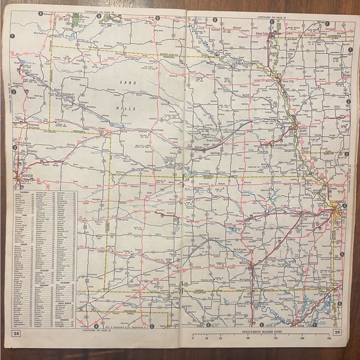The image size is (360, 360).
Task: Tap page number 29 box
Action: pos(336,335)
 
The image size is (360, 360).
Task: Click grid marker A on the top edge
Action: pos(41,13)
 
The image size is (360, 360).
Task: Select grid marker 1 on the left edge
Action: pos(12,35)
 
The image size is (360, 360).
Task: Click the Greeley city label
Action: pos(30,150)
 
